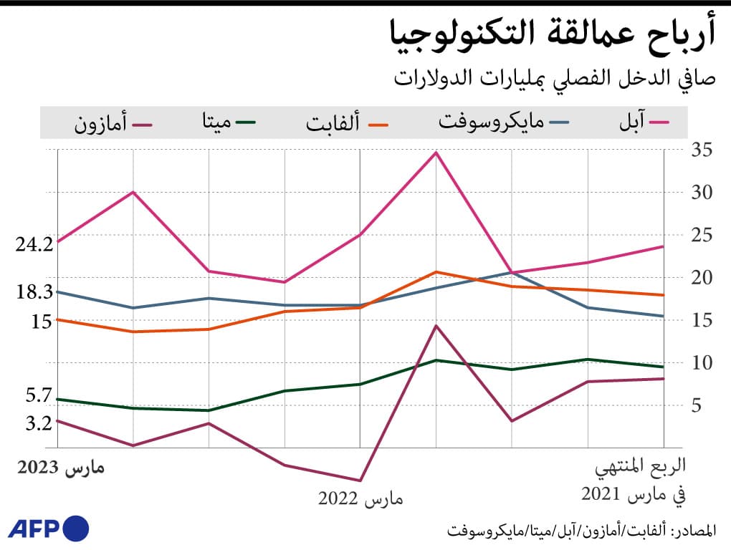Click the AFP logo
(49, 529)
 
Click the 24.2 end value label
(34, 243)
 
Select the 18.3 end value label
(34, 291)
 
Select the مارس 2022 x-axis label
(360, 498)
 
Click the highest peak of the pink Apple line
(436, 153)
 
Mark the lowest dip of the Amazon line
(360, 481)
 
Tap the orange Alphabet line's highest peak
(436, 272)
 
